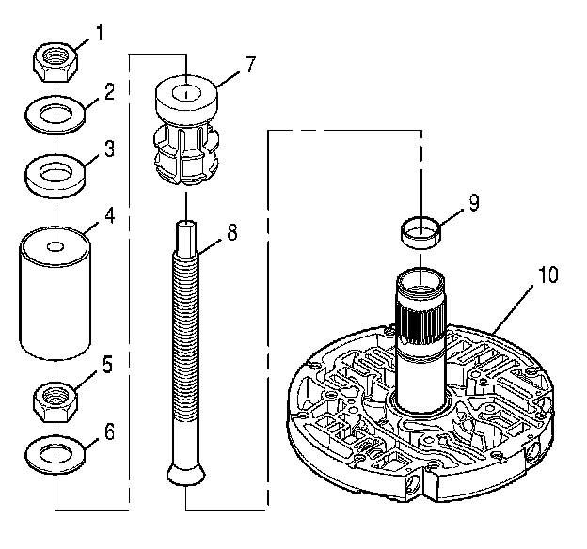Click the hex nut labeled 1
56,63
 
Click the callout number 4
108,214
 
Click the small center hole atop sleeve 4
56,247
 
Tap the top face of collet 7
187,93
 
